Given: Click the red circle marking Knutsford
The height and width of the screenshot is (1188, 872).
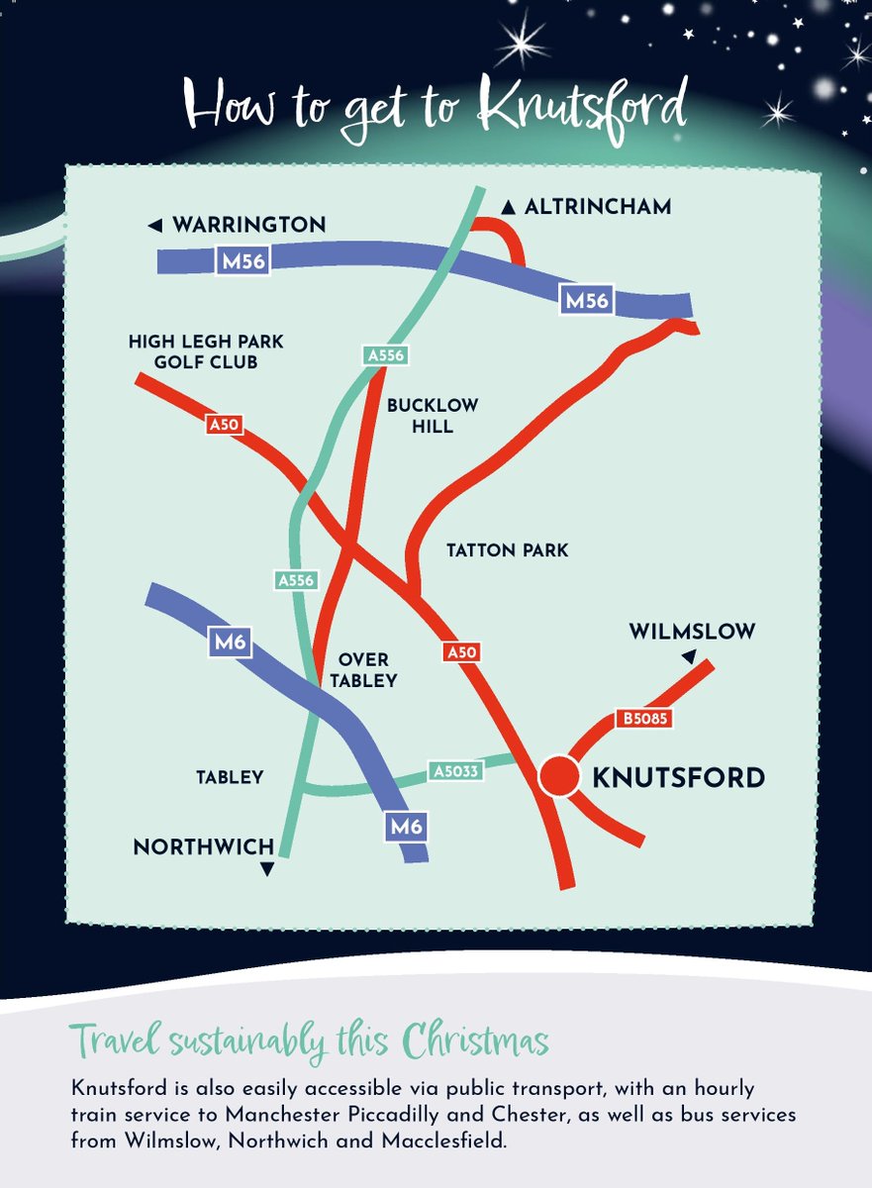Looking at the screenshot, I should pos(558,777).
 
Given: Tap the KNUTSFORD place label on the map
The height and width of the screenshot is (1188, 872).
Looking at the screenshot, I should pos(678,778).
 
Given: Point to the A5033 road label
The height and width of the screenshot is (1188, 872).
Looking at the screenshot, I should pos(456,770).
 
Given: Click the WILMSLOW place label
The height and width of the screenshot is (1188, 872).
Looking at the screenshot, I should pos(692,631).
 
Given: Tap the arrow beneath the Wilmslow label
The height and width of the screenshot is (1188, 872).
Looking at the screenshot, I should pos(688,657).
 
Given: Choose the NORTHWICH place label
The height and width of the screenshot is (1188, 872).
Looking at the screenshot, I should pos(204,847).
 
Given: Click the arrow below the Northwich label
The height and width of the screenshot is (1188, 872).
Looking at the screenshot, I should pos(265,870).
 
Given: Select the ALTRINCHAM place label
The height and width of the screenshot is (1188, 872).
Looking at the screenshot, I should pos(598,207).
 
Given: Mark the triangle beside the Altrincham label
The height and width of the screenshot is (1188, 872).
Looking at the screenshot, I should pos(509,208).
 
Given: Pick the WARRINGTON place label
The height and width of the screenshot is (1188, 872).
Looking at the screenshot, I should pos(248,226).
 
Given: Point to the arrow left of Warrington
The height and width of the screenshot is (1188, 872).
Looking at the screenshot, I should pos(154,227).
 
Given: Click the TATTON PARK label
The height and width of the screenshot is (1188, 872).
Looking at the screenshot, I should pos(508,550).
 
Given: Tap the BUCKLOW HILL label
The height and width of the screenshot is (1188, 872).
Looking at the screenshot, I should pos(433,416).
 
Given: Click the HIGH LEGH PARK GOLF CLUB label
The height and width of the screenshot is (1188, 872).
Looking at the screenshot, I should pos(206,351).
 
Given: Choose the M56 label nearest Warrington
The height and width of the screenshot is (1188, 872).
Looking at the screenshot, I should pos(242,261).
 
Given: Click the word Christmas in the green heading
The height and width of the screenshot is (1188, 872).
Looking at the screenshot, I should pos(476,1041).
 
